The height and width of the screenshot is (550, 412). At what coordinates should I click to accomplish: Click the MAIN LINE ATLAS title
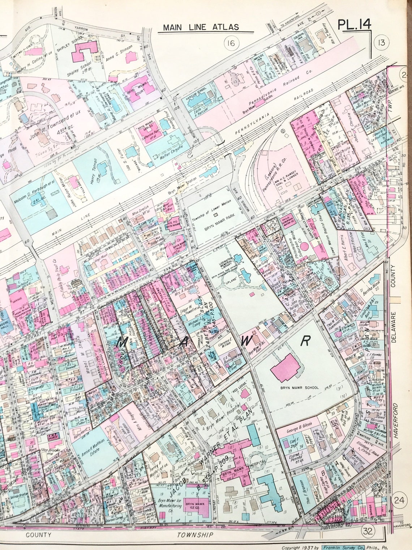[201, 27]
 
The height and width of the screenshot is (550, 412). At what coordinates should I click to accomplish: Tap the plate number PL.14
[354, 25]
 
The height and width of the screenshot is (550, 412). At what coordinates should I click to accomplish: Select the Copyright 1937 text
[301, 547]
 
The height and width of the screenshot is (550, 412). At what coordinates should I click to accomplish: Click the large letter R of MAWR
[306, 340]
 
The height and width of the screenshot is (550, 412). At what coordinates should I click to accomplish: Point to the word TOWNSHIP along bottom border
[195, 535]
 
